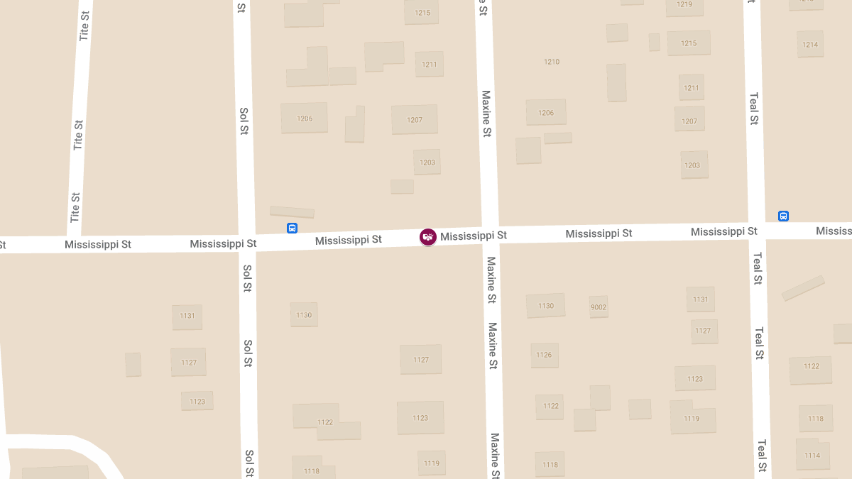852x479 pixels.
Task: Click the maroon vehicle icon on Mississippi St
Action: coord(427,237)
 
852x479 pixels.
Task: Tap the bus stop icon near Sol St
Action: coord(292,228)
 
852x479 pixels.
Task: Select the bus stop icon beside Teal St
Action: coord(783,216)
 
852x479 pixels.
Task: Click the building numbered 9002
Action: coord(599,307)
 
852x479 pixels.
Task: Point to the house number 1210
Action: coord(552,62)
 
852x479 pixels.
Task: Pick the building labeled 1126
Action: coord(544,355)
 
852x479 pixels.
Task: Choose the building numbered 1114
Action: coord(812,455)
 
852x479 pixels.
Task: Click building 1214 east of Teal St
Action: coord(810,45)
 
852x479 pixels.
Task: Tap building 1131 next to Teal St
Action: coord(701,299)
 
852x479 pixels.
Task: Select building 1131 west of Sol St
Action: coord(187,316)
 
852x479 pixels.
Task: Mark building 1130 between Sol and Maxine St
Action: coord(304,315)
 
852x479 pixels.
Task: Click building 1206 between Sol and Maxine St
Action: coord(305,119)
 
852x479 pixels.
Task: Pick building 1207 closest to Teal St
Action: coord(689,121)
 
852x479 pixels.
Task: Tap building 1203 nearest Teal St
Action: coord(692,165)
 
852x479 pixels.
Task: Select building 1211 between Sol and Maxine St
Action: coord(430,65)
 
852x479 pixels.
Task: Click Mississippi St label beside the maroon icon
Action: coord(474,236)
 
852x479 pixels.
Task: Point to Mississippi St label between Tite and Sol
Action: coord(98,245)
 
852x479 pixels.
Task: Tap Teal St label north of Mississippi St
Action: coord(754,109)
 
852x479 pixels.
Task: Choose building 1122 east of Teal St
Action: coord(812,367)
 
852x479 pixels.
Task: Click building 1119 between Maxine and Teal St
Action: coord(692,419)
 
